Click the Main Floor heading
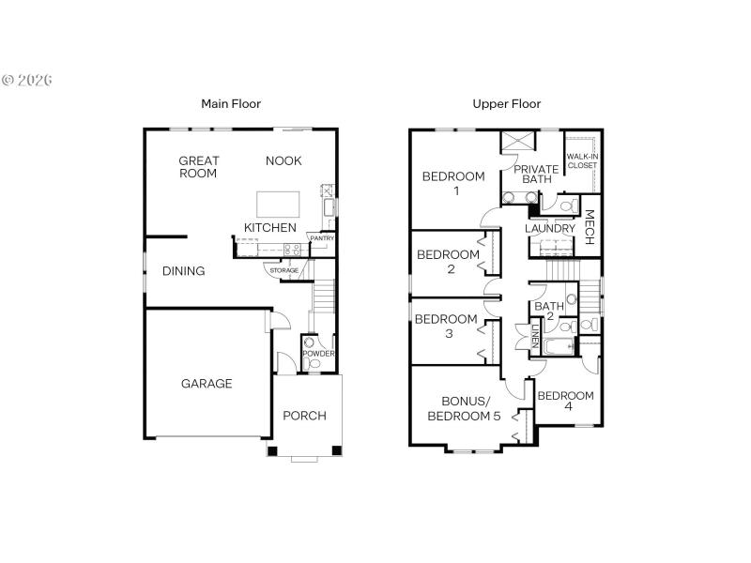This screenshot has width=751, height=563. coord(231,104)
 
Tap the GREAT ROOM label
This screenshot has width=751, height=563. coord(198,167)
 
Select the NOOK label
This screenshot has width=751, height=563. coord(284,160)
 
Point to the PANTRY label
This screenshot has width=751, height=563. coord(322,238)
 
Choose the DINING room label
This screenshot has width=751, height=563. coord(183,271)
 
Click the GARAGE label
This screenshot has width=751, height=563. coord(207,383)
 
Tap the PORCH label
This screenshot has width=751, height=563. coord(304,415)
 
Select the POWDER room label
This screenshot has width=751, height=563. coord(318,354)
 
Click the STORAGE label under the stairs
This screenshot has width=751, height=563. coord(284,270)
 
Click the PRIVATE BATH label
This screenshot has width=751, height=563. coord(536,174)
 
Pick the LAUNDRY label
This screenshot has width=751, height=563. coord(549,228)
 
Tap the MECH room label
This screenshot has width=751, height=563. coord(590,229)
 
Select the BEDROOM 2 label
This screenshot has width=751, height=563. coord(448,261)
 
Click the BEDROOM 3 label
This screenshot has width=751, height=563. coord(446,326)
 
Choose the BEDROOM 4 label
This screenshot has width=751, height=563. coord(565,401)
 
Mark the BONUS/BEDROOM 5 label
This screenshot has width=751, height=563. coord(464,408)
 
